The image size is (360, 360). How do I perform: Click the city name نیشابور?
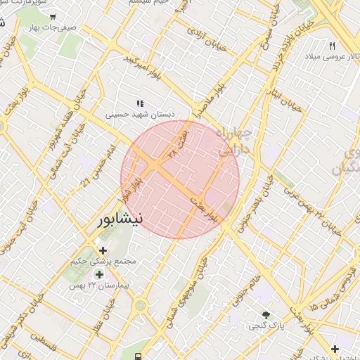click(x=120, y=219)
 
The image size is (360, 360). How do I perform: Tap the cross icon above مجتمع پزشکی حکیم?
click(x=103, y=250)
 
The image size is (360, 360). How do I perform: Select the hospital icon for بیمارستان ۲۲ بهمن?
click(x=99, y=274)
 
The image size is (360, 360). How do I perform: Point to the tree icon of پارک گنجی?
click(x=265, y=314)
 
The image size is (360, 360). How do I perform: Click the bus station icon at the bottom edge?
click(x=141, y=354)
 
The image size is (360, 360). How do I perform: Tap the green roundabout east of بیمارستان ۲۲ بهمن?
click(x=141, y=305)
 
